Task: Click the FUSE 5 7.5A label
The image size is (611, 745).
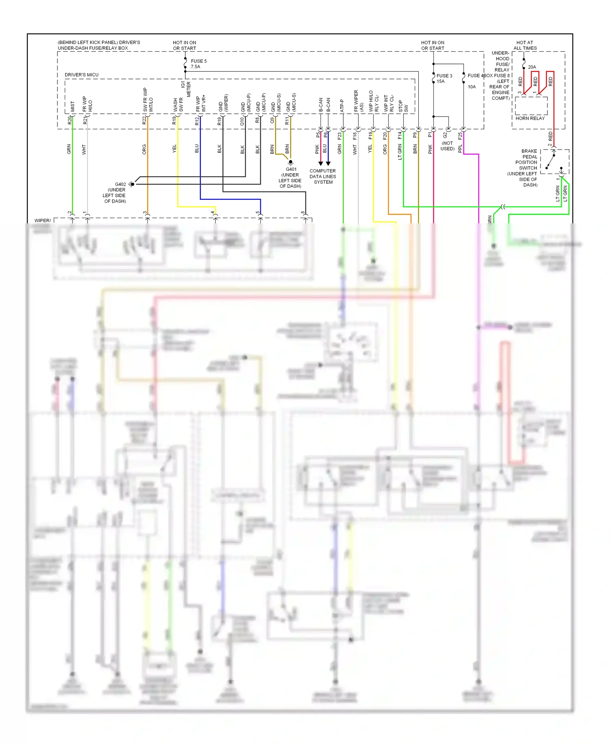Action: [x=198, y=64]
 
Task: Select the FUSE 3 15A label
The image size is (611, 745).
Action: [x=444, y=78]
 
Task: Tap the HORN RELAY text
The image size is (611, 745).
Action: [x=530, y=118]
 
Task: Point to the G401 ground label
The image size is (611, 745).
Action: [x=290, y=177]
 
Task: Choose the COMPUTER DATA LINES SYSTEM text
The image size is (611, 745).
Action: [x=323, y=176]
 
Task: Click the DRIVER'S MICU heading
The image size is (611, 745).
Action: [x=81, y=75]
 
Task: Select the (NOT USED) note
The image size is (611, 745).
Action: [x=447, y=146]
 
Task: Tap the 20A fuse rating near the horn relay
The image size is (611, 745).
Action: [x=532, y=67]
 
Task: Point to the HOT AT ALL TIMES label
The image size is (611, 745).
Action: [x=525, y=45]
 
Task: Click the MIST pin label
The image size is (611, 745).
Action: [x=73, y=106]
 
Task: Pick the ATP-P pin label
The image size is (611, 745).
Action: [x=342, y=106]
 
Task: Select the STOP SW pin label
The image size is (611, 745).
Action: [x=403, y=106]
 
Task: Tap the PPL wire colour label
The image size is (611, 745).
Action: [x=460, y=148]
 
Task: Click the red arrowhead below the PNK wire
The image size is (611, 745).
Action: [x=321, y=163]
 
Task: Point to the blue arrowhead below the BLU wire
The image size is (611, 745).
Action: [x=328, y=163]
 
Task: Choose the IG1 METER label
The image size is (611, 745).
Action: [x=186, y=89]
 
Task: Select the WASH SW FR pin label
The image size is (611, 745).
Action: [x=178, y=105]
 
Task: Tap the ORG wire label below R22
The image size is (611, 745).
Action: [x=144, y=149]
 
